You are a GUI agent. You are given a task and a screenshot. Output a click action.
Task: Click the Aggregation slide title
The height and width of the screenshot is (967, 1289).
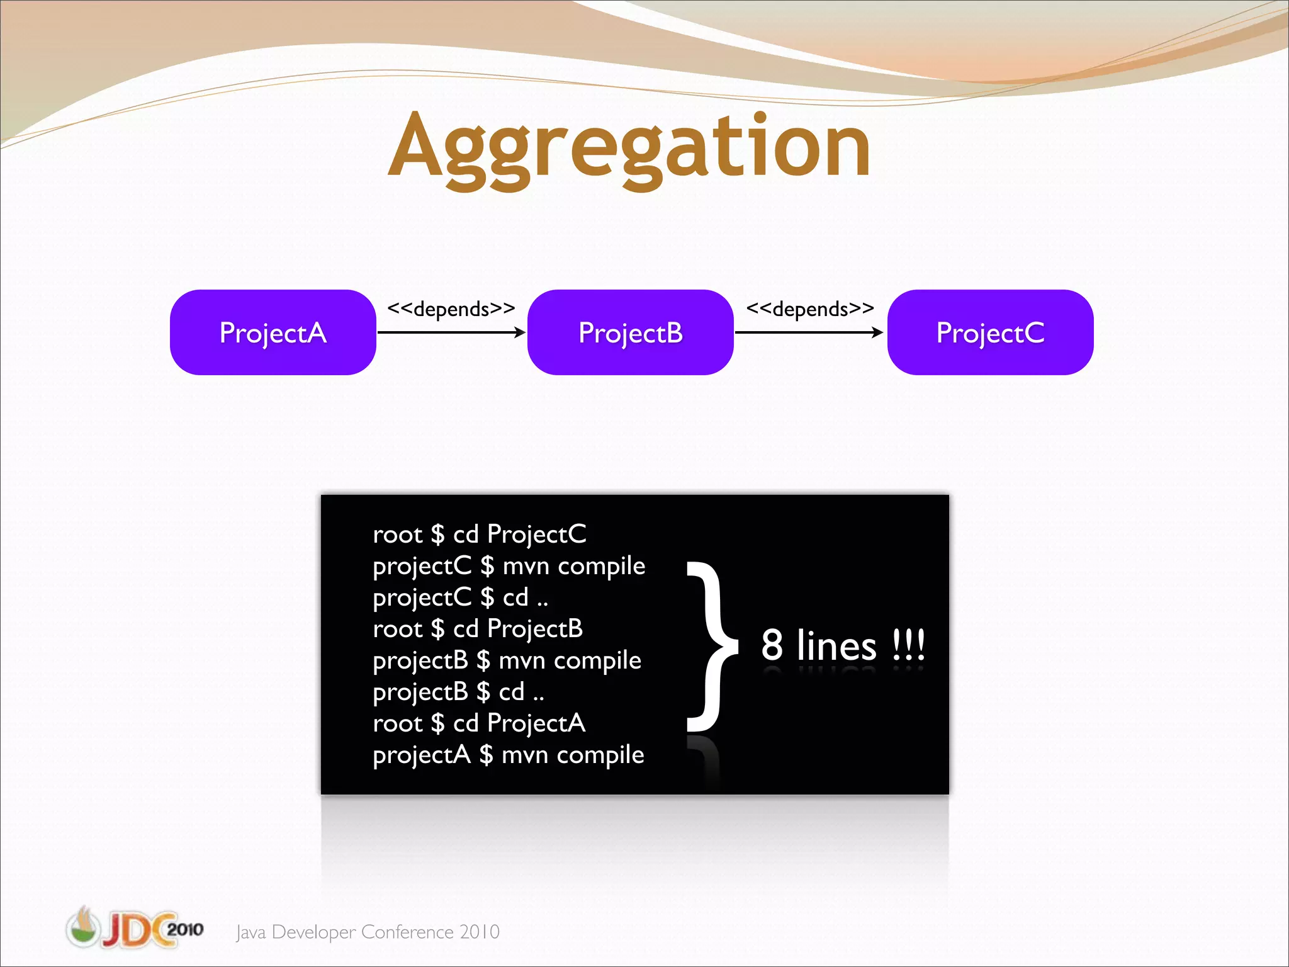tap(629, 148)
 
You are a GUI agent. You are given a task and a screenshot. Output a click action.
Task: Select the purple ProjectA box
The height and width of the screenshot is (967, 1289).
tap(273, 332)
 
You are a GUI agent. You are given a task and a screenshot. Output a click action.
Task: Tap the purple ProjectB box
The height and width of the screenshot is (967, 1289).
tap(630, 332)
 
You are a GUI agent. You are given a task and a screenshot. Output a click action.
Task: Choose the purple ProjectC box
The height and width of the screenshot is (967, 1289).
tap(990, 332)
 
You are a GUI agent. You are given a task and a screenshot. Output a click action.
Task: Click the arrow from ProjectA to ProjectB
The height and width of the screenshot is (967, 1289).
tap(451, 332)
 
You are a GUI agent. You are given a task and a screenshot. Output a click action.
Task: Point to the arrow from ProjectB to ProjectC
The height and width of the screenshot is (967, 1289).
tap(809, 332)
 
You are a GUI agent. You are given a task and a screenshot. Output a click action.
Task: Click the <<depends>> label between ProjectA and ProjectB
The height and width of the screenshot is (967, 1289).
tap(451, 309)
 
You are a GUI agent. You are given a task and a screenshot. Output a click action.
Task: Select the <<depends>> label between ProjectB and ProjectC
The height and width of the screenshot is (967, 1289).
tap(810, 309)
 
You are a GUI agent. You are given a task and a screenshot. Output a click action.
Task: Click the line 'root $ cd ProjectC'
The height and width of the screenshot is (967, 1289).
tap(480, 534)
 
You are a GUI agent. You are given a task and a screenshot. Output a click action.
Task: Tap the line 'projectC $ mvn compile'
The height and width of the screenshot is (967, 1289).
tap(509, 566)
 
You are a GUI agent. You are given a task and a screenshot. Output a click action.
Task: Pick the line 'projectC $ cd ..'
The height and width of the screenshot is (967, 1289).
tap(460, 597)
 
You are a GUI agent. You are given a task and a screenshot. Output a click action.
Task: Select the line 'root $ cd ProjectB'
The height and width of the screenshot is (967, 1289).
tap(478, 629)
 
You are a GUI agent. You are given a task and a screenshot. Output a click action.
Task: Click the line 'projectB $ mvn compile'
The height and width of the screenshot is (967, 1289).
tap(507, 660)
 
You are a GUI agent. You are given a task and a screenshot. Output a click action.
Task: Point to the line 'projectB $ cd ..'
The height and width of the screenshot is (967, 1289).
tap(458, 692)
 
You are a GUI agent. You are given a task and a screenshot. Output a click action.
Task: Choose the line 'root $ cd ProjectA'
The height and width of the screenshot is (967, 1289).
tap(479, 723)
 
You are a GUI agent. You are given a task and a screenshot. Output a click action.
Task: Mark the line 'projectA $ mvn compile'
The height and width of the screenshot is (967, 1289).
tap(508, 755)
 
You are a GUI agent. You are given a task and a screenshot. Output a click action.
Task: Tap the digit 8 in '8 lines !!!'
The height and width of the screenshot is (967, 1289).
tap(772, 645)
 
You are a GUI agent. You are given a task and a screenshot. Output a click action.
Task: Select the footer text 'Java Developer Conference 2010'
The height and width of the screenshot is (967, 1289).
tap(368, 932)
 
